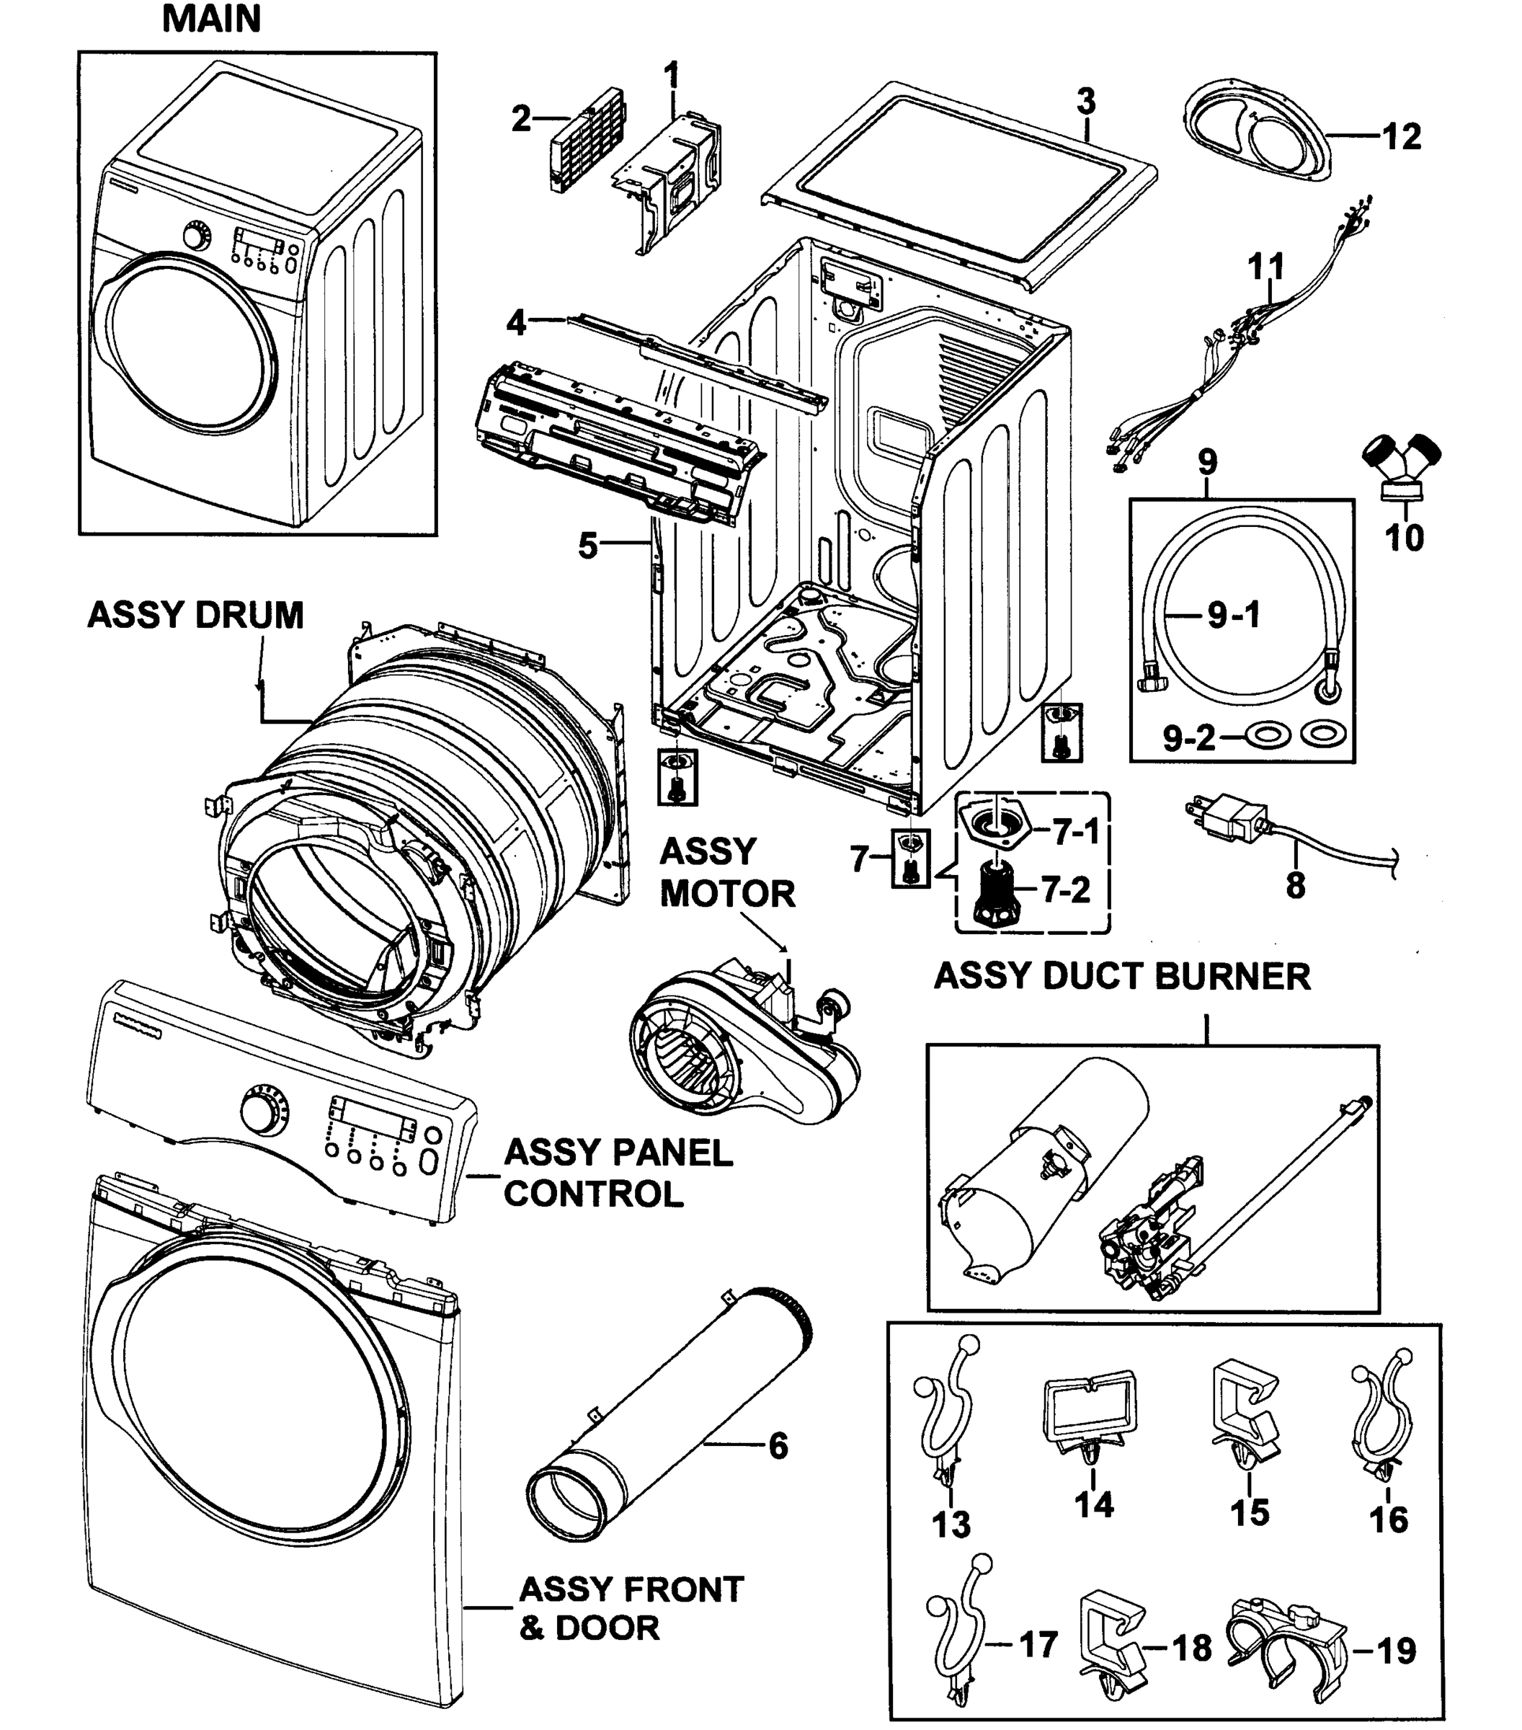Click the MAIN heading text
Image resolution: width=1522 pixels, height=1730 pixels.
[210, 19]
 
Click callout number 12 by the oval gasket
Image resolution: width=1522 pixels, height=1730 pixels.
[1401, 137]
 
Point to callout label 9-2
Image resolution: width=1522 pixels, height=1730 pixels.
[1188, 738]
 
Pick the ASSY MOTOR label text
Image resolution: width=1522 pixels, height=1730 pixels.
[726, 871]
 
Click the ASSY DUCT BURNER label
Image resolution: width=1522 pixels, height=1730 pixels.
[1122, 976]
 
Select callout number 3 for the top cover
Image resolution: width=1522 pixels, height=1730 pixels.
[1086, 102]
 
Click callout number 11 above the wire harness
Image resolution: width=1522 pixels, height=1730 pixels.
[1265, 267]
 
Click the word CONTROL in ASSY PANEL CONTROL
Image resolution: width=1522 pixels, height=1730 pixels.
[592, 1194]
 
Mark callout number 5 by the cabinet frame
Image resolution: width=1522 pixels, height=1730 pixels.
[587, 546]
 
